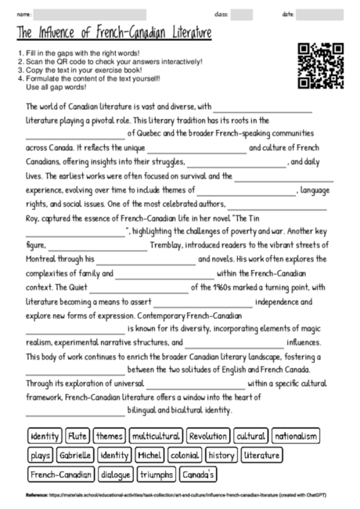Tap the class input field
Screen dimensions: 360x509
[242, 14]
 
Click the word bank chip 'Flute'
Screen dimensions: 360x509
[77, 435]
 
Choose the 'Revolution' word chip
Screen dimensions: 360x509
[208, 435]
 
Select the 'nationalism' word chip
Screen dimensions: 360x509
[297, 435]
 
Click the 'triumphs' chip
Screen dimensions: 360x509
[156, 474]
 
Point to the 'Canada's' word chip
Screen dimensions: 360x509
[200, 474]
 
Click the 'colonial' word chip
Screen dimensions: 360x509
[185, 454]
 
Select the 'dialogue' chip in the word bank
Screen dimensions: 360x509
[115, 474]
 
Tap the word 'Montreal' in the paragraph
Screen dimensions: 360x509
[44, 258]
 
